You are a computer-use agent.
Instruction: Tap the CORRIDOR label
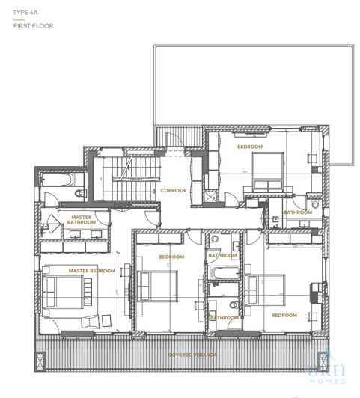(174, 190)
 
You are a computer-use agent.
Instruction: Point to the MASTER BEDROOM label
(92, 270)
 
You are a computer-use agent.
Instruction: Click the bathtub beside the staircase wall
(56, 180)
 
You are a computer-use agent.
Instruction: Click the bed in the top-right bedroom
(269, 171)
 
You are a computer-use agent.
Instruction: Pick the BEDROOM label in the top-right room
(249, 147)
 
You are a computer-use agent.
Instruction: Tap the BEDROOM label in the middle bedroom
(171, 257)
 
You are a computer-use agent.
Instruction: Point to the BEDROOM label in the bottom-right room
(284, 315)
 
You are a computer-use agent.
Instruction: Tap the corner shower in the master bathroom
(52, 224)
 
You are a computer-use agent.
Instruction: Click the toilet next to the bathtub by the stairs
(81, 194)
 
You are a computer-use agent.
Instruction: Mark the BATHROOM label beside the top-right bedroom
(298, 212)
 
